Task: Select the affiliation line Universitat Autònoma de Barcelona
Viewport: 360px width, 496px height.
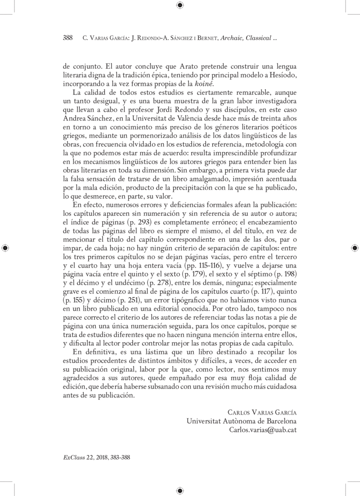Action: coord(241,421)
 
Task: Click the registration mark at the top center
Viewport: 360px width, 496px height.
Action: coord(180,5)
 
